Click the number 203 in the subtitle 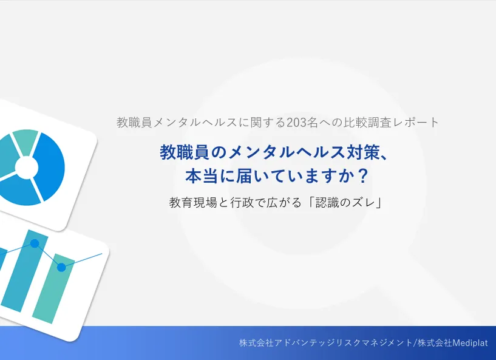pos(296,123)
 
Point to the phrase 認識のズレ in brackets pos(345,202)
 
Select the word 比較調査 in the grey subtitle pos(367,123)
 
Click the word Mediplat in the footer pos(470,343)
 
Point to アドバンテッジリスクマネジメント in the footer pos(343,343)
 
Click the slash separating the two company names pos(415,343)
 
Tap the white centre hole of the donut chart pos(27,168)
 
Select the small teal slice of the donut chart pos(27,141)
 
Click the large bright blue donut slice pos(49,166)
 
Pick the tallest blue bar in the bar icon pos(24,271)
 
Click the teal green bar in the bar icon pos(54,288)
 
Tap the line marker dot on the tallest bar pos(35,243)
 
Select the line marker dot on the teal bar pos(61,267)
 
